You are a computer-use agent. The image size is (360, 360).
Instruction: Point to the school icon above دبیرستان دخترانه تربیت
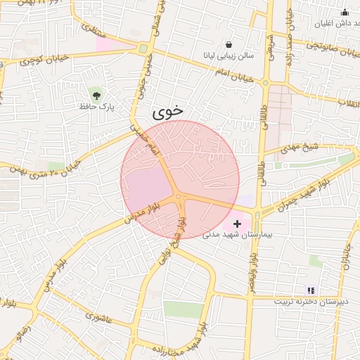pyautogui.click(x=311, y=290)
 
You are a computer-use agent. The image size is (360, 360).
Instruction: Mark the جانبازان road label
pyautogui.click(x=346, y=257)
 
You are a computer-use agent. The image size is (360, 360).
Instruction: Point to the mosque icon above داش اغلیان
pyautogui.click(x=345, y=12)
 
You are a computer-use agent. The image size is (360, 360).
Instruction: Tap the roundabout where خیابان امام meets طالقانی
pyautogui.click(x=265, y=83)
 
